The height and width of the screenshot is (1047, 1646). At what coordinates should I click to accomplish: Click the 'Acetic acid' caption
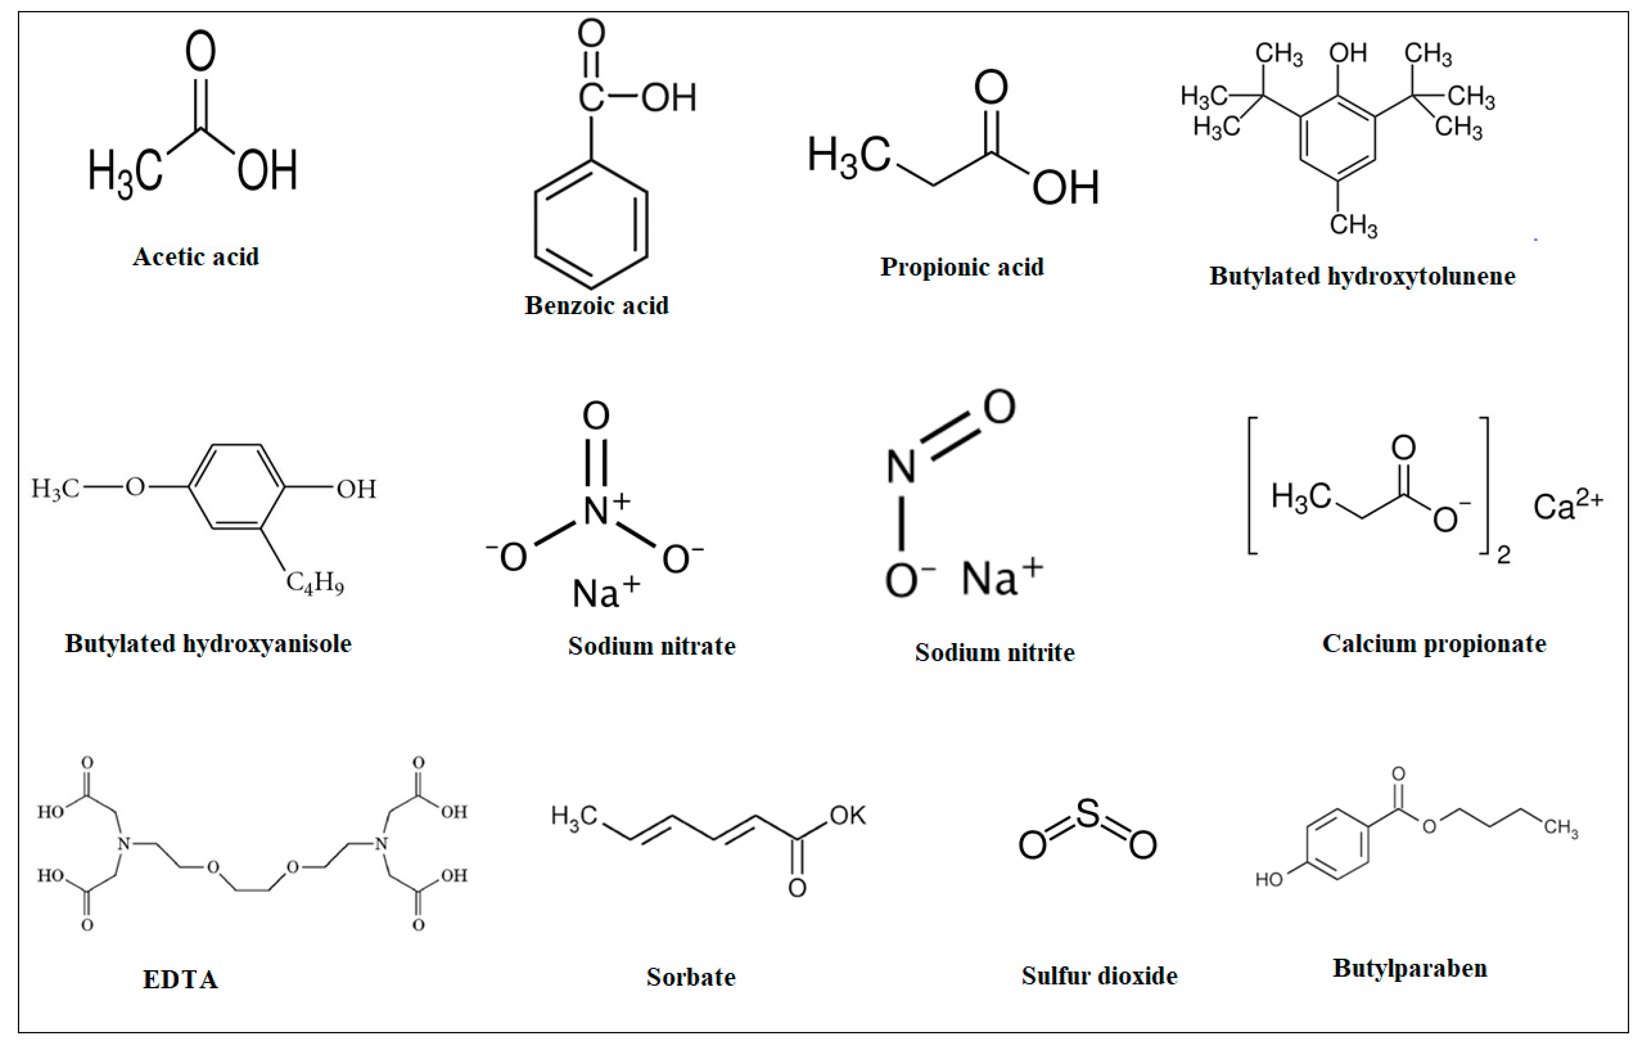196,257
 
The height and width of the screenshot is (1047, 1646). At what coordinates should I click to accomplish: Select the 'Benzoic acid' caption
597,305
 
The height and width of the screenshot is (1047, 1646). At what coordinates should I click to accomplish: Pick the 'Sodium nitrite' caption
995,653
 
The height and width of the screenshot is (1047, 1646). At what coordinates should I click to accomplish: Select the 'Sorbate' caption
691,977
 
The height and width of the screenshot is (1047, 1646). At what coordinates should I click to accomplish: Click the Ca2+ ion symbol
1567,506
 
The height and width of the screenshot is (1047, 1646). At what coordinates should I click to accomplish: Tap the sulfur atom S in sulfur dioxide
1087,815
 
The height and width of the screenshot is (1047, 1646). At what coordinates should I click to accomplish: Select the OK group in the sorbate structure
848,815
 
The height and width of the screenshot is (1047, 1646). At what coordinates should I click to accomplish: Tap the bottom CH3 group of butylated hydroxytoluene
1353,225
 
